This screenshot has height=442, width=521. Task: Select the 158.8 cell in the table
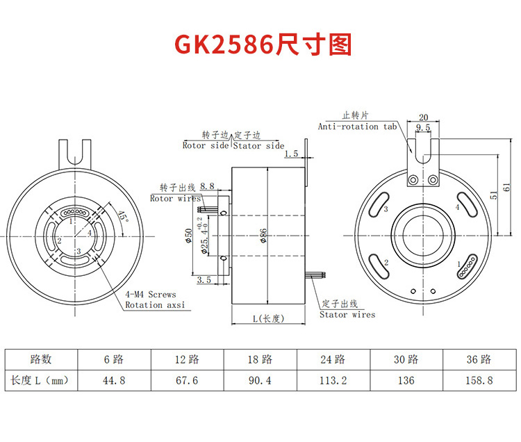tap(479, 380)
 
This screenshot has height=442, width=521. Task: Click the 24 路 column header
tap(333, 359)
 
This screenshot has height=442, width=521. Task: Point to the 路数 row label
tap(40, 359)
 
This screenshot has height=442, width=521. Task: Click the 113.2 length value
tap(333, 380)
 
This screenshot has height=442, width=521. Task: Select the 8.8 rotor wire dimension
tap(207, 186)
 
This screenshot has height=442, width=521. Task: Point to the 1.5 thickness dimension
tap(291, 153)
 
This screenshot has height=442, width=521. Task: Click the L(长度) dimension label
tap(268, 318)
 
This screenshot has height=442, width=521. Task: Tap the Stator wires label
tap(347, 314)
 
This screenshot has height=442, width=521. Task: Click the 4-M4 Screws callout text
tap(151, 295)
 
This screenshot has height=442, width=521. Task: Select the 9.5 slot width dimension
tap(423, 128)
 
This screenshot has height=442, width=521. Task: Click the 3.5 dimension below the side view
tap(204, 279)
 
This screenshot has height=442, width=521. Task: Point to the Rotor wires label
tap(175, 198)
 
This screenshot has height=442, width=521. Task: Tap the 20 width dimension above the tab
tap(424, 117)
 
